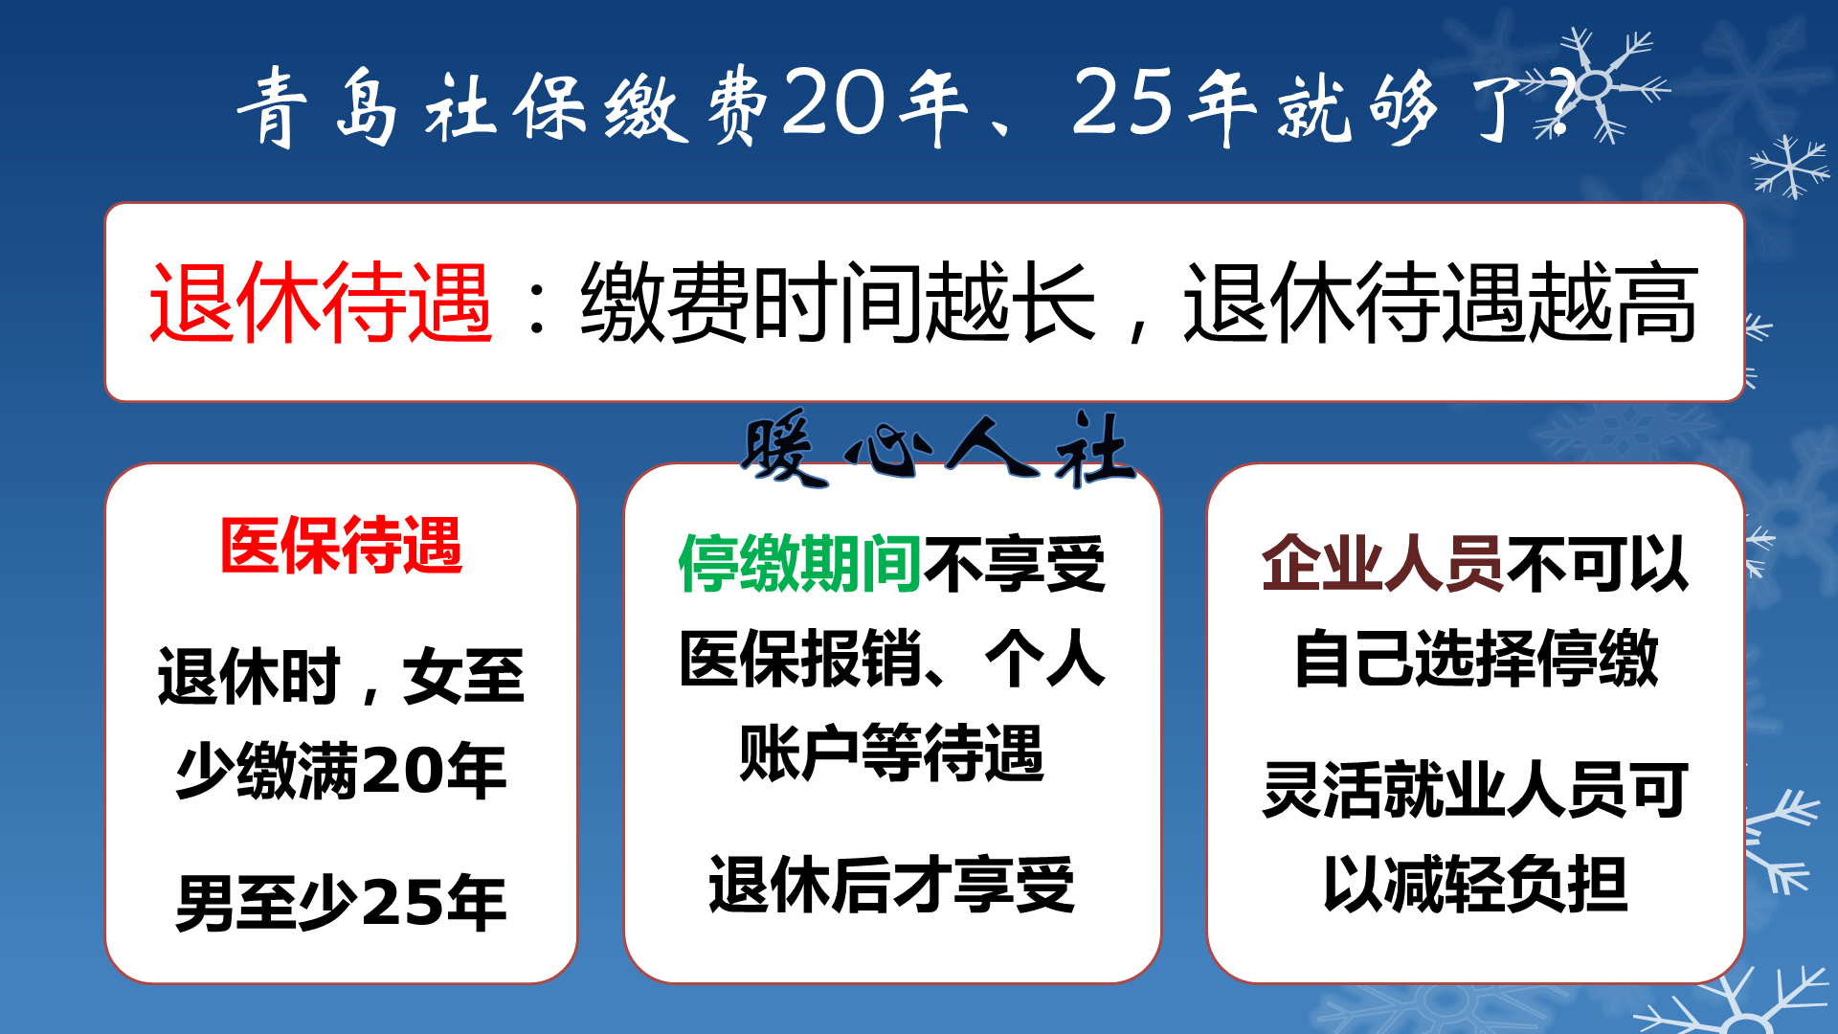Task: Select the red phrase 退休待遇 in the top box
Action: point(321,303)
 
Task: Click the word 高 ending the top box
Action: point(1655,303)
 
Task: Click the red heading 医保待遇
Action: point(341,546)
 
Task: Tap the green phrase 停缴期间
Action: point(799,564)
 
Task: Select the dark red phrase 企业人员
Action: point(1382,564)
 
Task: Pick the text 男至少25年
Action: point(341,903)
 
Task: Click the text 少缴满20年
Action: point(341,771)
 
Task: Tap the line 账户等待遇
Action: point(891,753)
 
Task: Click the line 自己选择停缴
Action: point(1475,659)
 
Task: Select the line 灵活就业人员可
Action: point(1475,790)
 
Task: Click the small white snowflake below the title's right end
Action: point(1788,167)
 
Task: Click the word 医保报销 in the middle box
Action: point(800,659)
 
